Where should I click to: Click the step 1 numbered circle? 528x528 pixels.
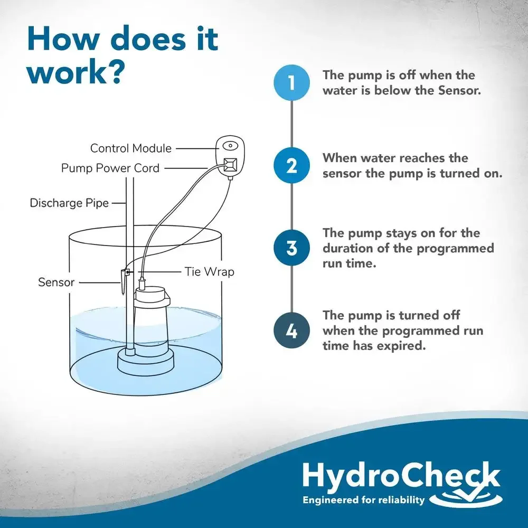coord(291,82)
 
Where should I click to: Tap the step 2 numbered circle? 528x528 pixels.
coord(291,165)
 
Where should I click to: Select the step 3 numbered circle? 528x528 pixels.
coord(291,248)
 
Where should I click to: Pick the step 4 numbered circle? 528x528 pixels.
coord(291,331)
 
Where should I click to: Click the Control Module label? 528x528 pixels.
coord(130,148)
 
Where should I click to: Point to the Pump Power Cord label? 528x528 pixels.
coord(110,168)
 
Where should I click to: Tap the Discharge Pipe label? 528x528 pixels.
coord(69,203)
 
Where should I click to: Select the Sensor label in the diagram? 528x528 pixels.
coord(56,282)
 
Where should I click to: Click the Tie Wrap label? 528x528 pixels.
coord(209,272)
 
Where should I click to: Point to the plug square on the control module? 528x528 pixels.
coord(230,164)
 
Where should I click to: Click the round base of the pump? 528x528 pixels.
coord(146,363)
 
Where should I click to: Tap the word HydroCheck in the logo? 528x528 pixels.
coord(401,475)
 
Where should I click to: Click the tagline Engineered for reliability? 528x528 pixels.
coord(363,499)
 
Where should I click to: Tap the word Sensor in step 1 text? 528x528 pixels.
coord(459,91)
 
